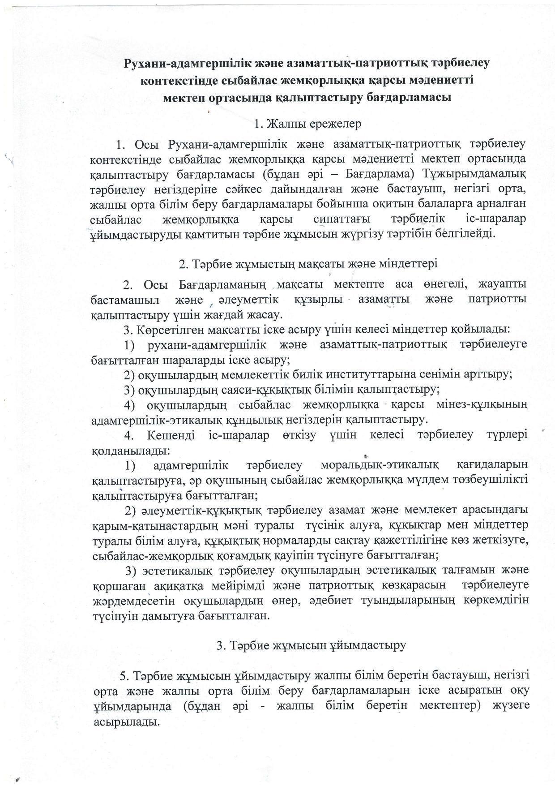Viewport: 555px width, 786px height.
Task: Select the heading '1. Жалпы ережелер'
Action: pyautogui.click(x=307, y=124)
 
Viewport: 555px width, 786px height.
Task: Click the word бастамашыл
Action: pyautogui.click(x=125, y=299)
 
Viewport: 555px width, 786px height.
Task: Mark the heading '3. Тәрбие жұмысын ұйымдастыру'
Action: pyautogui.click(x=311, y=645)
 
